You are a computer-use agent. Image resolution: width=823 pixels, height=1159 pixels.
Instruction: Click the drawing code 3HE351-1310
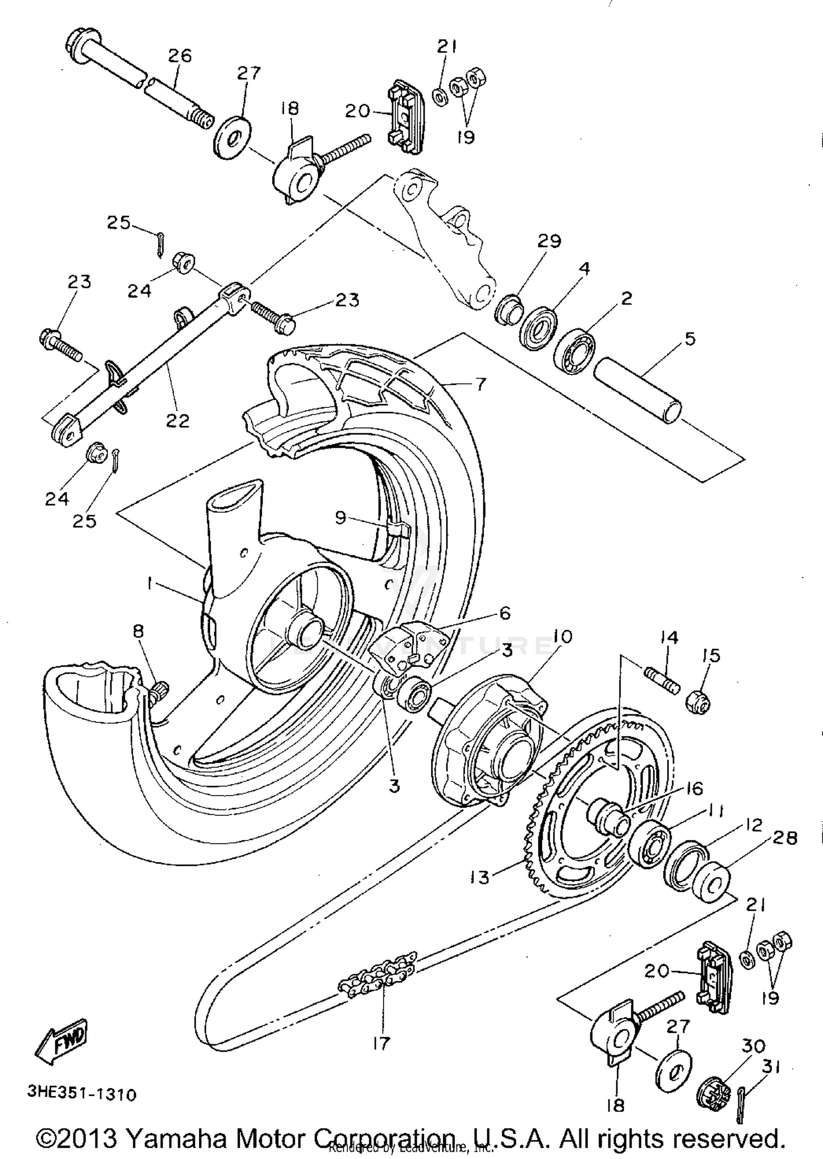pos(82,1094)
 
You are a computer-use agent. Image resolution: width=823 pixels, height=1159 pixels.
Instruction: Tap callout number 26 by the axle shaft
pos(179,55)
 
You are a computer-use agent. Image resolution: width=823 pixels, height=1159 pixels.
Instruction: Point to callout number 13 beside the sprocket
pos(479,877)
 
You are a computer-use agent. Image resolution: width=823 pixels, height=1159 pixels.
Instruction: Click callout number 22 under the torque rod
pos(177,421)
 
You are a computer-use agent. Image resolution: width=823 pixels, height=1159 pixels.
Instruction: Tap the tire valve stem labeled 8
pos(160,691)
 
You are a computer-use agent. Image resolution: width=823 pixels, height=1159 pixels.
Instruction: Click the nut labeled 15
pos(698,702)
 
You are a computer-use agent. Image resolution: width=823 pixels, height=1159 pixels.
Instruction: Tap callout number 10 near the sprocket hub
pos(562,636)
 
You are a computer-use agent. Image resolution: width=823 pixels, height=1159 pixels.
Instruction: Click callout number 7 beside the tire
pos(480,384)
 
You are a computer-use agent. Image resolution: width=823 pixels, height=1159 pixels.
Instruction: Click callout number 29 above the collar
pos(549,241)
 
